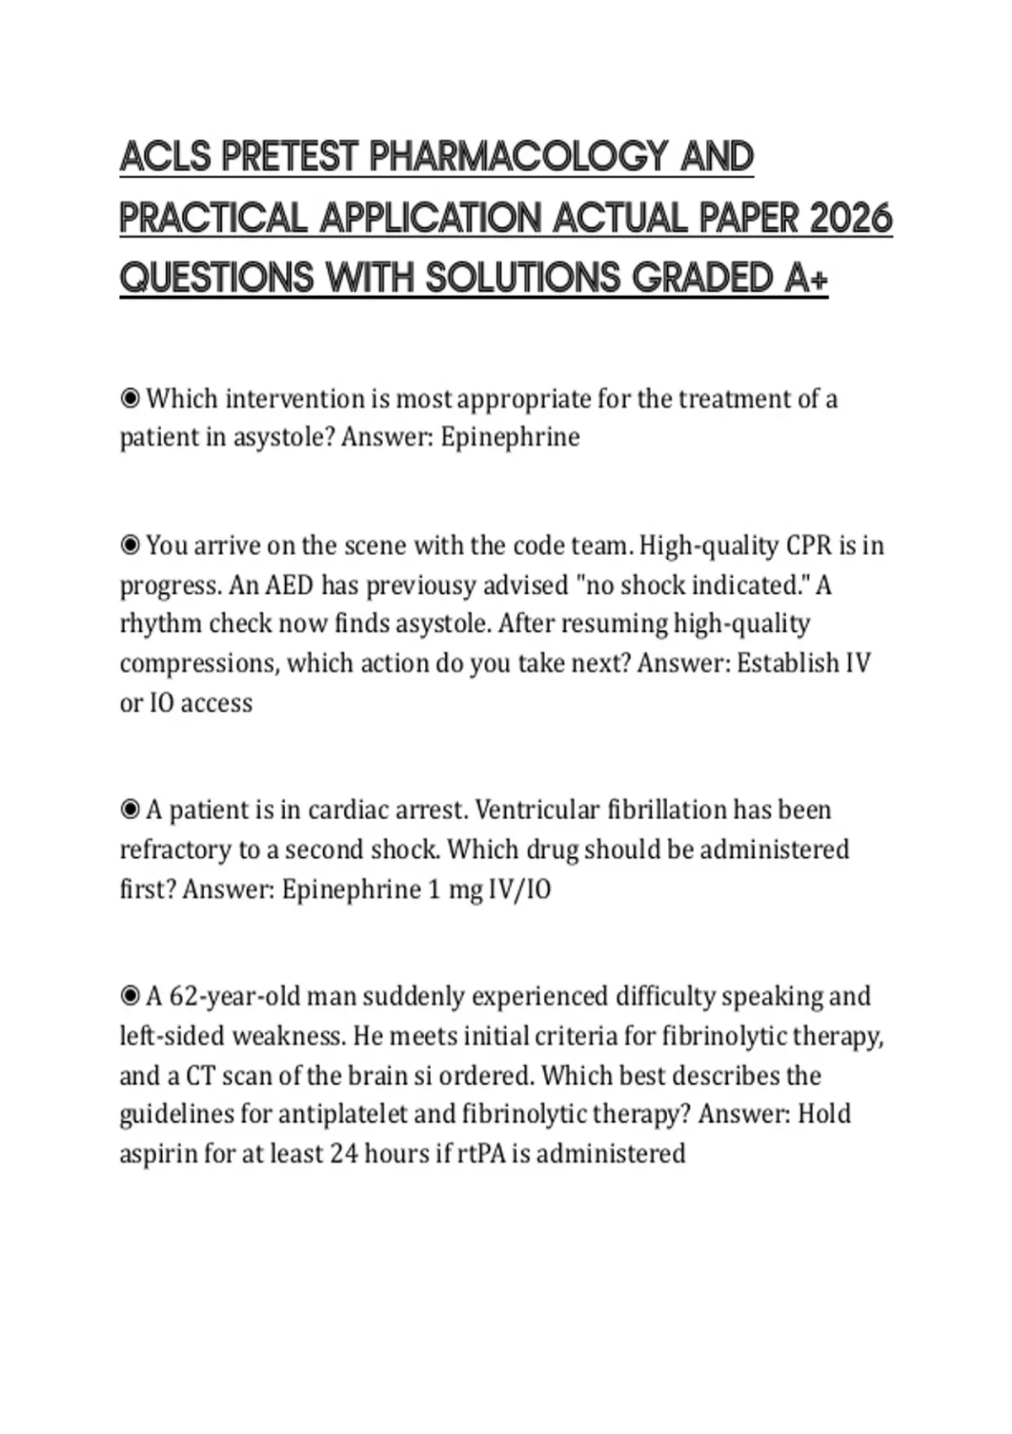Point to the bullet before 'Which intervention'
point(130,398)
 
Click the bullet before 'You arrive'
point(130,546)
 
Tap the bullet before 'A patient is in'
point(130,810)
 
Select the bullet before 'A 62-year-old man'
point(130,996)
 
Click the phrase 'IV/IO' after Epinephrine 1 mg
point(519,889)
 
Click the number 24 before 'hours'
point(345,1153)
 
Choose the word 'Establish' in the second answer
point(788,663)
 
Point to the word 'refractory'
point(175,849)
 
